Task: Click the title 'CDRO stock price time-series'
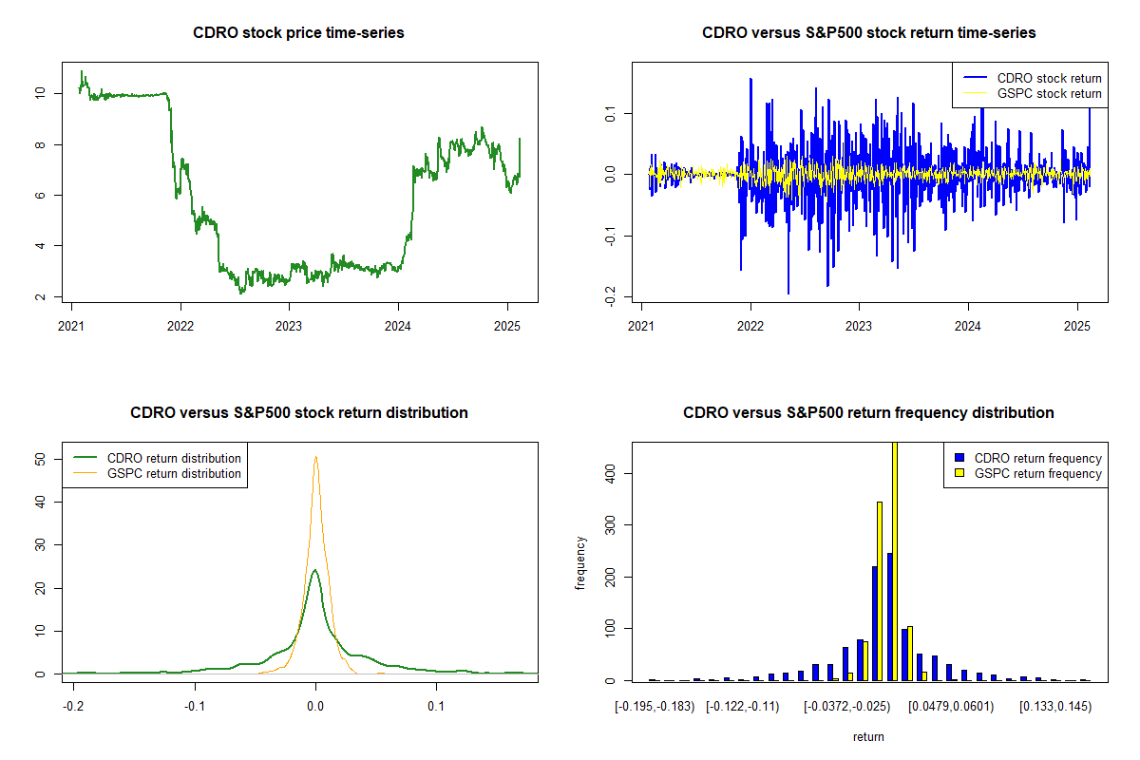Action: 298,33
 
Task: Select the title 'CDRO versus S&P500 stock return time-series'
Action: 868,33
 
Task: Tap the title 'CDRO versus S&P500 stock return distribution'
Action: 298,413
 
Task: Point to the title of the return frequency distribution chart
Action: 868,413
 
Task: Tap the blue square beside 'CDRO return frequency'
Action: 960,458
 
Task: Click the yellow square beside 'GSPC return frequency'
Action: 960,473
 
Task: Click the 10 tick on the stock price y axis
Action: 40,93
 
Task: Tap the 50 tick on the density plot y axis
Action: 40,458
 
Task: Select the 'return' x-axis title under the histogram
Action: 868,736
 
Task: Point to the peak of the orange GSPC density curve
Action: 315,457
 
